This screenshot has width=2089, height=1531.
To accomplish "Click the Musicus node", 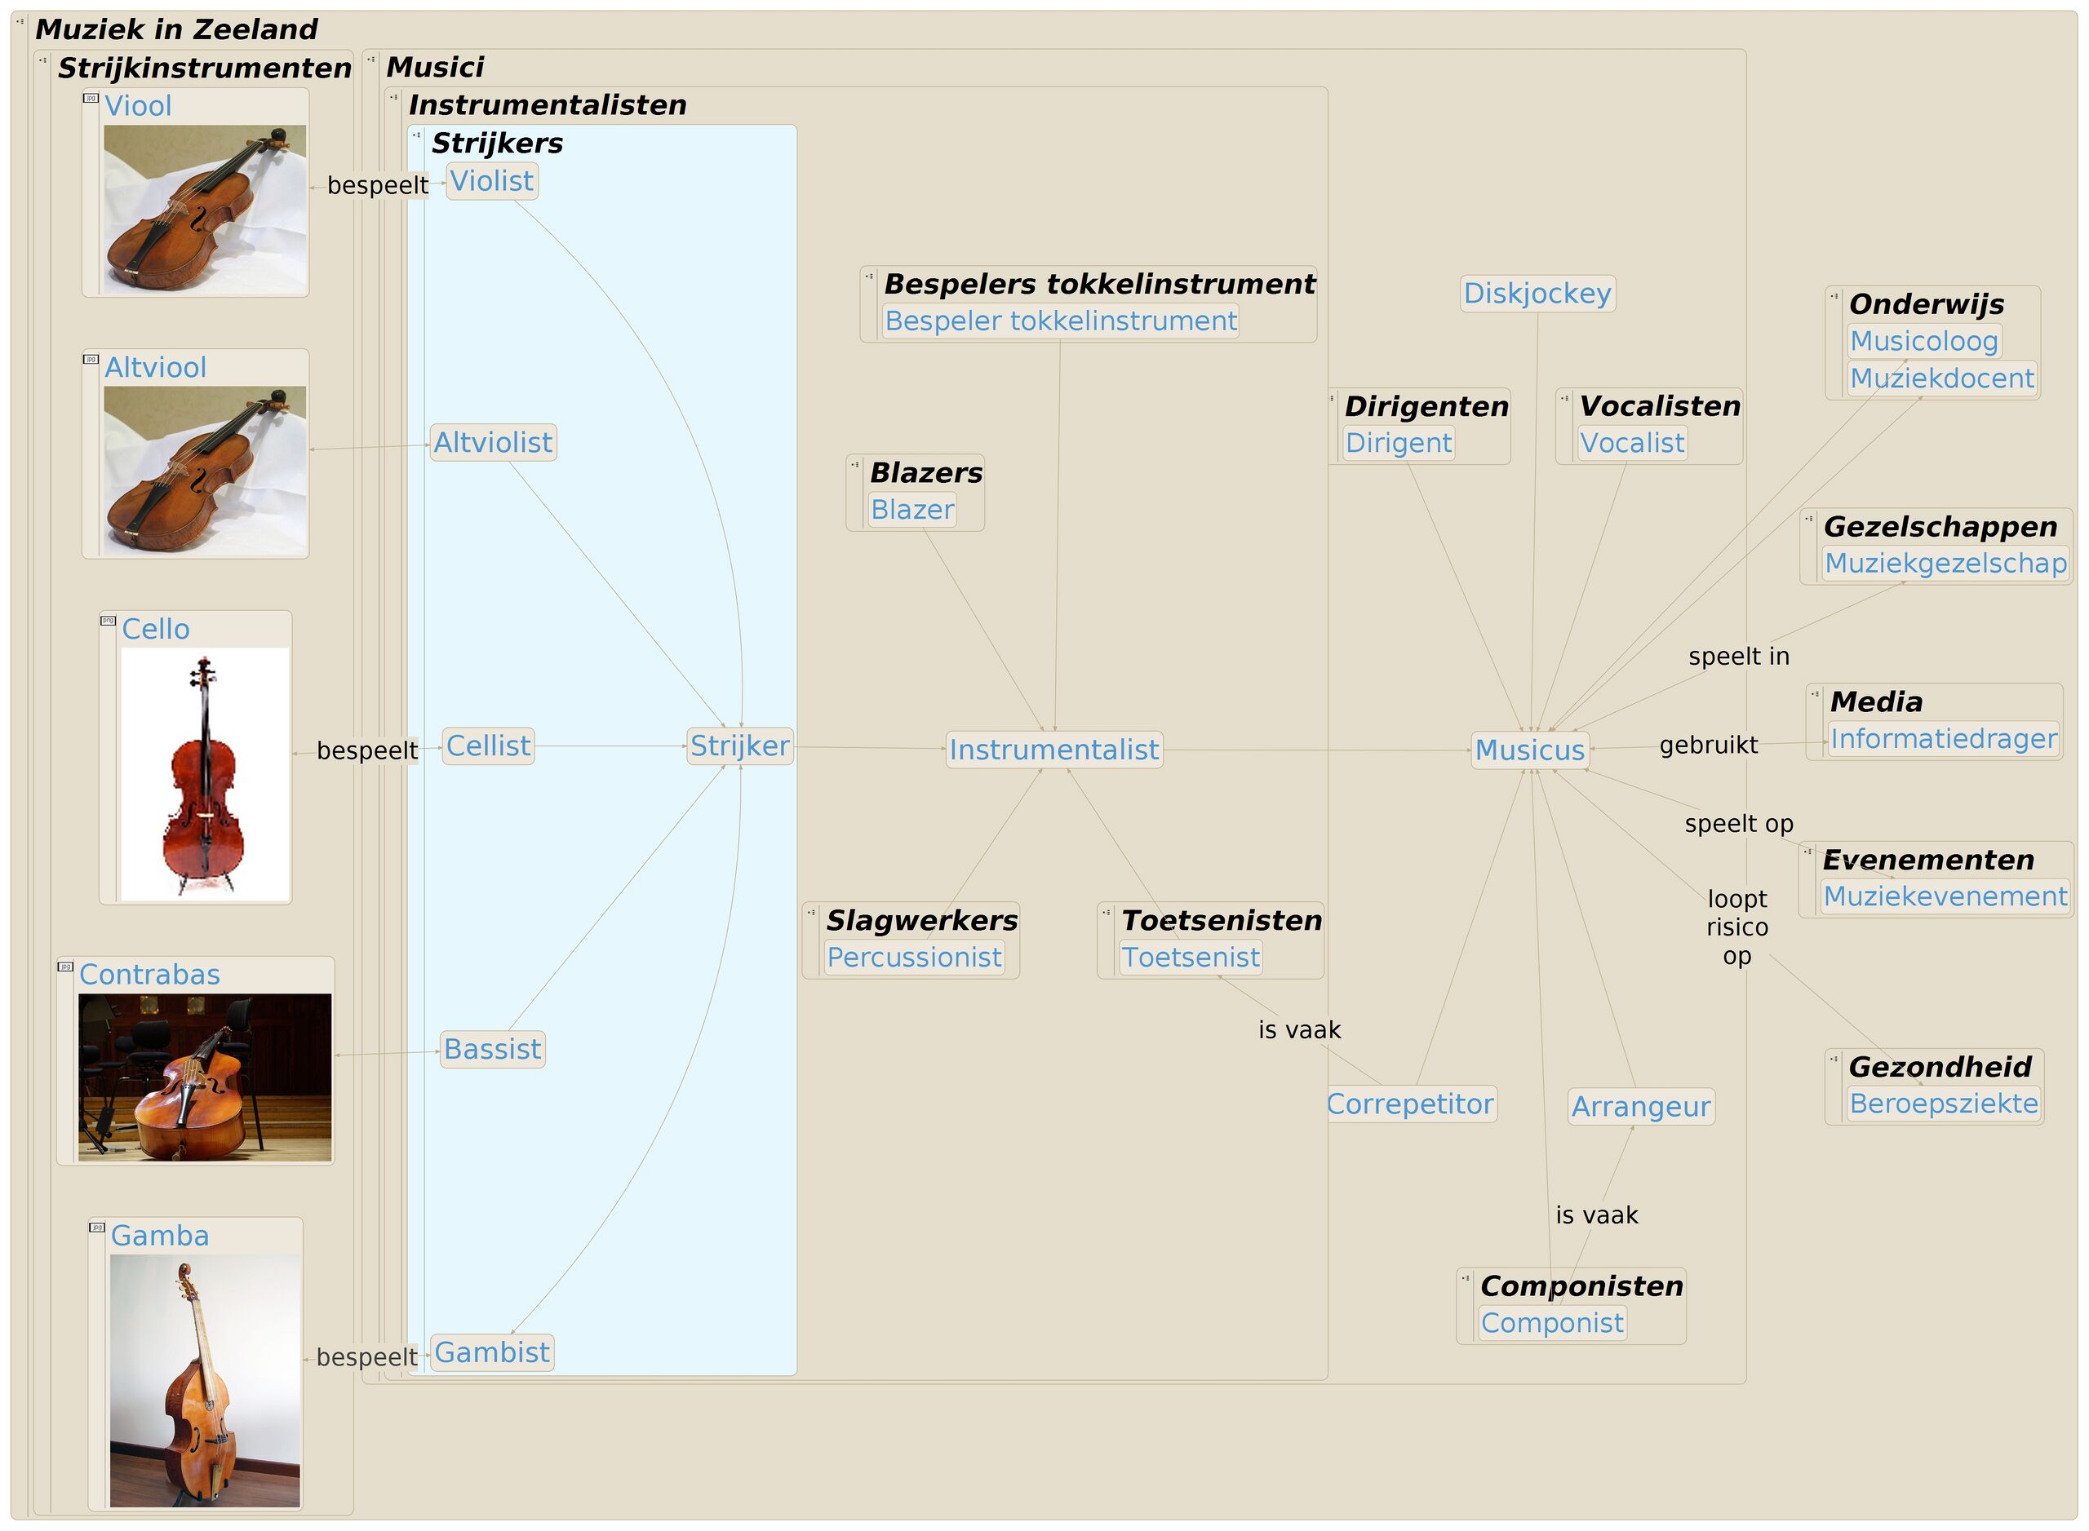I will point(1529,750).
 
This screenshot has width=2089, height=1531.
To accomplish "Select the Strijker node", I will point(739,746).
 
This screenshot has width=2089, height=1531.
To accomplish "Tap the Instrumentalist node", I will point(1053,750).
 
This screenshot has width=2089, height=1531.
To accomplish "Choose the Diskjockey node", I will point(1537,294).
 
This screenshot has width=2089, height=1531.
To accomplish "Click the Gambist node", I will point(491,1353).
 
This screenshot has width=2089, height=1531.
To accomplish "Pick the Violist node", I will point(491,181).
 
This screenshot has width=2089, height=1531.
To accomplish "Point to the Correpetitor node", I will point(1409,1104).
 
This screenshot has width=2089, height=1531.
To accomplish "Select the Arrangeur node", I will point(1640,1107).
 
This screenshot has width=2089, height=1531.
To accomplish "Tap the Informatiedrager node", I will point(1942,739).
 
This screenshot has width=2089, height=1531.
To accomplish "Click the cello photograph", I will point(204,773).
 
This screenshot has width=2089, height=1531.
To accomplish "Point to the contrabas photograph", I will point(204,1077).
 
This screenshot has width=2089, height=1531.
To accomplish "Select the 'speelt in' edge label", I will point(1737,656).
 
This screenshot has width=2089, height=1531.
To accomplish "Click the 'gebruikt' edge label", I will point(1708,746).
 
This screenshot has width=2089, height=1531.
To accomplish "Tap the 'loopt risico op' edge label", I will point(1736,927).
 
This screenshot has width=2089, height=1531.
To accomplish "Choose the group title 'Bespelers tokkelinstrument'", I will point(1098,284).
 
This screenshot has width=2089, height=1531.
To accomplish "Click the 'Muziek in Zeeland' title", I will point(176,29).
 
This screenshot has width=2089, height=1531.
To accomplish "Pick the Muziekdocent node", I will point(1941,378).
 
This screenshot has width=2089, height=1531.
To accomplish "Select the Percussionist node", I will point(913,958).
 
